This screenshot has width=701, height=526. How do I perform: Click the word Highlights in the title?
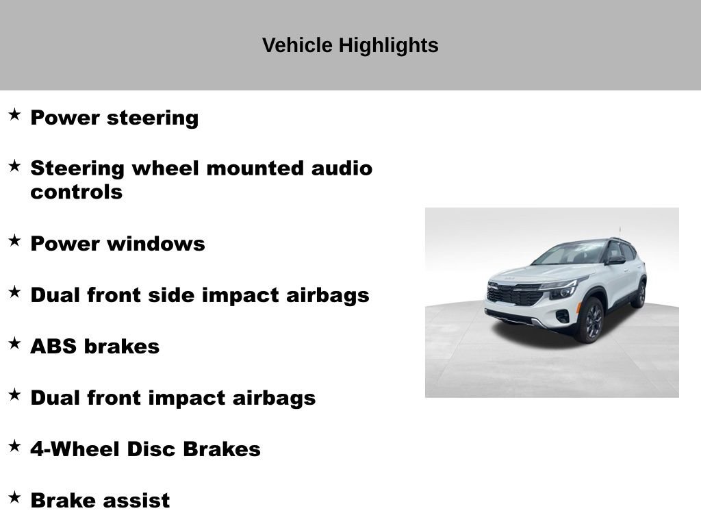389,46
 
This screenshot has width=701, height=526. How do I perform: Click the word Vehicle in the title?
297,45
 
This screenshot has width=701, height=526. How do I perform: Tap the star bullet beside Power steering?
14,114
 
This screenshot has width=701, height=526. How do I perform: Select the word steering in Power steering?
153,118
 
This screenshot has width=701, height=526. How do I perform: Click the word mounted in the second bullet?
255,168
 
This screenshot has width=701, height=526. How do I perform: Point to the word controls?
77,192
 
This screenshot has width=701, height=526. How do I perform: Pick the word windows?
156,245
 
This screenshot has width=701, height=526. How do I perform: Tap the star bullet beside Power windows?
14,240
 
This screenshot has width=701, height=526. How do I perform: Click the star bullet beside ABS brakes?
14,343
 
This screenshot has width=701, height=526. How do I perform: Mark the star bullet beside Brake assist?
14,497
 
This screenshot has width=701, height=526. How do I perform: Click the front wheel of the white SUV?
591,321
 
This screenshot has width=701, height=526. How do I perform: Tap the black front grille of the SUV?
514,295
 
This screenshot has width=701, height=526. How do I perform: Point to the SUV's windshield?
569,253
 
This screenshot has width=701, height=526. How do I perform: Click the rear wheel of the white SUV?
640,294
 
